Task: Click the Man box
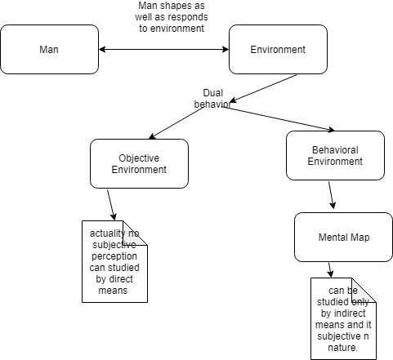pyautogui.click(x=49, y=50)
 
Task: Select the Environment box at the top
pyautogui.click(x=278, y=50)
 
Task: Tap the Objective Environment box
pyautogui.click(x=139, y=163)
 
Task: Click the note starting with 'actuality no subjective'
pyautogui.click(x=115, y=261)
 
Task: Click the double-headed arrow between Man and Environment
pyautogui.click(x=163, y=50)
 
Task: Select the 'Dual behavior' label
pyautogui.click(x=212, y=99)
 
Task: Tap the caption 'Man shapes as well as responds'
pyautogui.click(x=171, y=17)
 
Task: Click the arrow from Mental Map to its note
pyautogui.click(x=330, y=269)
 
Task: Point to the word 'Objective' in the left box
pyautogui.click(x=139, y=158)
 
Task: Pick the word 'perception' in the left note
pyautogui.click(x=115, y=266)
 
